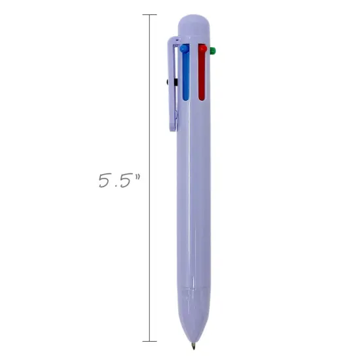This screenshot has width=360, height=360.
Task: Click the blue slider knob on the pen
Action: (185, 48)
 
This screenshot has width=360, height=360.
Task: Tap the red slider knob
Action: (202, 48)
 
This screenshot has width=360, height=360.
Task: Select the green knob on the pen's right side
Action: (213, 49)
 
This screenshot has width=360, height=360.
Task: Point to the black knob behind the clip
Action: (170, 82)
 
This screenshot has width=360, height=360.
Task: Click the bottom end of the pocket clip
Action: (174, 126)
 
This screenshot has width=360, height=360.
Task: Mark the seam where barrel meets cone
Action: (194, 285)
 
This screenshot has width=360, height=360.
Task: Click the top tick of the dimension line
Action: (150, 14)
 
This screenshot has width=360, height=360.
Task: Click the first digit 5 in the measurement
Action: (105, 181)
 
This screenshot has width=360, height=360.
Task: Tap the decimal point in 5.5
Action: (115, 187)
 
